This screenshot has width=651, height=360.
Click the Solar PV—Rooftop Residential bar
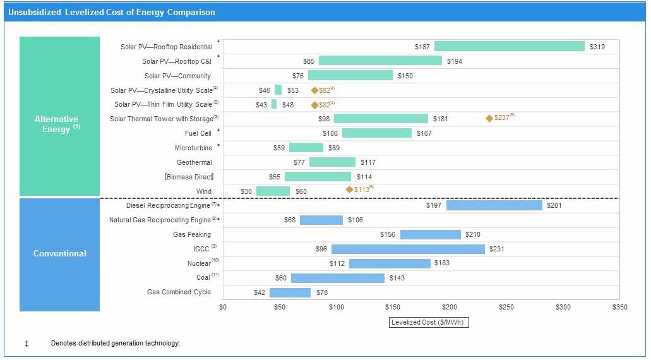tap(509, 46)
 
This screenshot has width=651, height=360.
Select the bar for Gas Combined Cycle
tap(290, 292)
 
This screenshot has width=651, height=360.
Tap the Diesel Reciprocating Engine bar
tap(494, 205)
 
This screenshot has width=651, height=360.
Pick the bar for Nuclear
tap(390, 263)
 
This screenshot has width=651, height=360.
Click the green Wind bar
tap(273, 191)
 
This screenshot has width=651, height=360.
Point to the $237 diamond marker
tap(489, 118)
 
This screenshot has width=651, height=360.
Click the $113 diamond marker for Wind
tap(349, 189)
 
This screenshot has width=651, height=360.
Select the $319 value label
tap(597, 47)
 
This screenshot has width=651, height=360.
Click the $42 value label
tap(259, 293)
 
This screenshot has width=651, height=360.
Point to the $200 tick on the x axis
tap(450, 307)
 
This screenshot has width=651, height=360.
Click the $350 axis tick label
tap(620, 307)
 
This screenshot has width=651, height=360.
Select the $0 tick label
tap(223, 307)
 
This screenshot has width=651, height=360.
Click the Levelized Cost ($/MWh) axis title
tap(429, 322)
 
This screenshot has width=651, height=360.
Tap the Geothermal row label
tap(194, 162)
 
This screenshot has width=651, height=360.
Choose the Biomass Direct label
tap(189, 177)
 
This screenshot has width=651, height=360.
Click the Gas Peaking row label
tap(192, 234)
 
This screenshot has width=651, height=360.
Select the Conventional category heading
tap(59, 253)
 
